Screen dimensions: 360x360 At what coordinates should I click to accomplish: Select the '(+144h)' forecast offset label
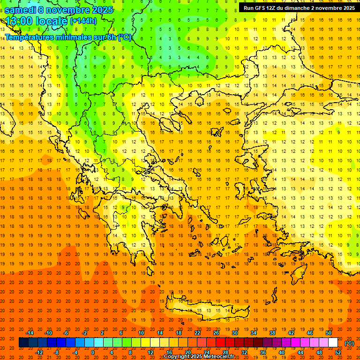(x=83, y=21)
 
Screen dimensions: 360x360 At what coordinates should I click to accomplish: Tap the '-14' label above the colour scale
(x=30, y=332)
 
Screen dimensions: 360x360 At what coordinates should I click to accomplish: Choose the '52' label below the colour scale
(x=338, y=352)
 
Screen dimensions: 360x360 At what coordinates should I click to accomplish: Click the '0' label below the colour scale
(x=93, y=352)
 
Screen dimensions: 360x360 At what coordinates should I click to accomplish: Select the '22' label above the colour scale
(x=197, y=332)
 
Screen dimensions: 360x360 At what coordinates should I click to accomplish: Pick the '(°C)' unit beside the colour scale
(x=349, y=343)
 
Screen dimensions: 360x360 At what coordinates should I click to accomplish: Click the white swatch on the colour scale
(x=333, y=343)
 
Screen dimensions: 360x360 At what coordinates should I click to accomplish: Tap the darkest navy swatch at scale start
(x=23, y=343)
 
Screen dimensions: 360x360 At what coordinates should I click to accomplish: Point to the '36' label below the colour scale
(x=263, y=352)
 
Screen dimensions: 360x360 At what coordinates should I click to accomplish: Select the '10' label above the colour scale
(x=141, y=332)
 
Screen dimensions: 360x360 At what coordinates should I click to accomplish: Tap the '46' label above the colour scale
(x=310, y=332)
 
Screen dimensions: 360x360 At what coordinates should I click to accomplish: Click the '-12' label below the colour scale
(x=39, y=352)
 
